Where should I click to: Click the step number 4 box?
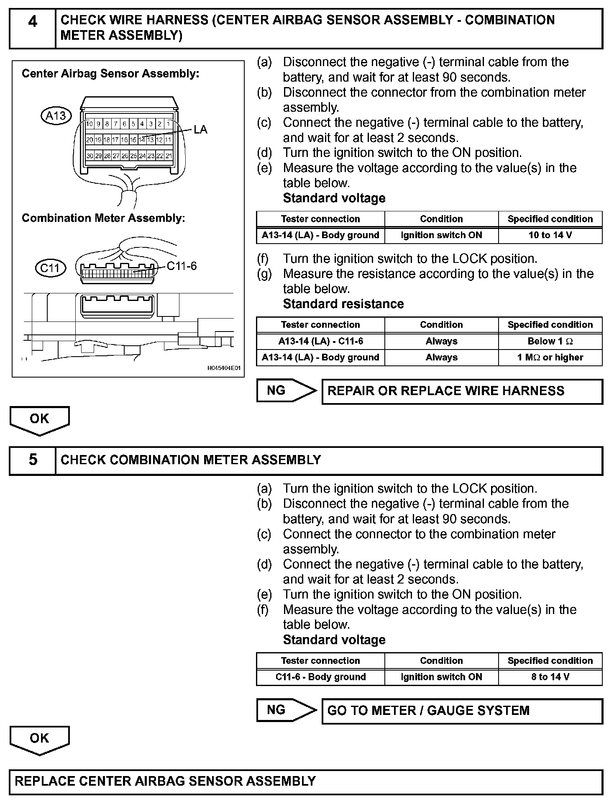pos(32,28)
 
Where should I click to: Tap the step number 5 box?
pos(32,460)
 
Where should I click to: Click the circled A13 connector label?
pos(56,115)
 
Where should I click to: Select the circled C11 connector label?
pos(50,267)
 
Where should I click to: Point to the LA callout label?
pos(200,130)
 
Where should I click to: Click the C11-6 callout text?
pos(182,266)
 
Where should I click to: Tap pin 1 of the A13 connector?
pos(168,124)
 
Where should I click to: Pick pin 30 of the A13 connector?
pos(90,156)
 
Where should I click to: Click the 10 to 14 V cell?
pos(550,235)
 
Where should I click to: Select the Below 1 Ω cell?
pos(550,341)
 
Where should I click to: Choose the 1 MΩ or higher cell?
pos(550,357)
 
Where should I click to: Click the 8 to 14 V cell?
pos(550,677)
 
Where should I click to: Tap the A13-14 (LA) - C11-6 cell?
pos(320,341)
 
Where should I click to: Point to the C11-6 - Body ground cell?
pos(320,677)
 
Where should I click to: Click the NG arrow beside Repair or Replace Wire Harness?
pos(286,391)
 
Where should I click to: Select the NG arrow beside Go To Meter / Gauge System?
pos(286,710)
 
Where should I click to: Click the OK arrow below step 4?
pos(39,419)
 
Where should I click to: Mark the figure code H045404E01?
pos(224,368)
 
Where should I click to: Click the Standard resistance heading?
pos(343,304)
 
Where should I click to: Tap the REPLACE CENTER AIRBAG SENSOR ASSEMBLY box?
pos(305,781)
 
